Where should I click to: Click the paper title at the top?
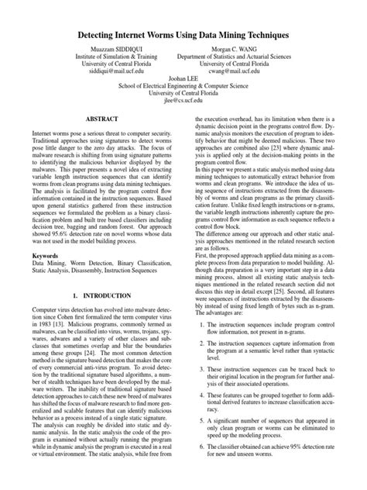pos(183,36)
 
